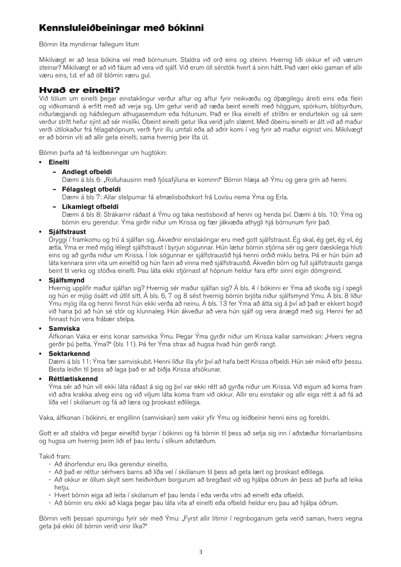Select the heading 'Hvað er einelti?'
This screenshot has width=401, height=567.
[x=80, y=90]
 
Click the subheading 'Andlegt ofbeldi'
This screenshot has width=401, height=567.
[x=87, y=172]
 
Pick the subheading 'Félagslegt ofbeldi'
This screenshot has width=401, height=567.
[x=91, y=189]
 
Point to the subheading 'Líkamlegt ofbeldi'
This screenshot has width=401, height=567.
[x=90, y=207]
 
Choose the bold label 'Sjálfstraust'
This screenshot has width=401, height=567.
[x=67, y=232]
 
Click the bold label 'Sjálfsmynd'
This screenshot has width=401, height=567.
[x=66, y=280]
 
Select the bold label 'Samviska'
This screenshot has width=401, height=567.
[x=64, y=328]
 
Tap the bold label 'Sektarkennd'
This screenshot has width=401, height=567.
[x=69, y=353]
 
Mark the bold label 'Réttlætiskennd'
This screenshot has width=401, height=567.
[x=73, y=379]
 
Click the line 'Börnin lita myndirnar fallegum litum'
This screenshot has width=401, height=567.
[x=89, y=45]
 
